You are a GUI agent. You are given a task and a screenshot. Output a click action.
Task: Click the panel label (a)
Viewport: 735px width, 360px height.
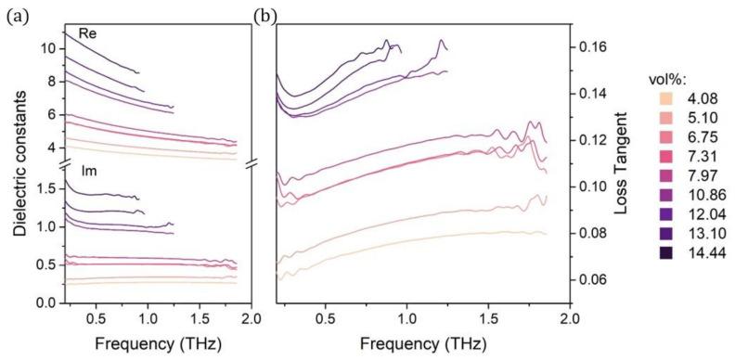[16, 14]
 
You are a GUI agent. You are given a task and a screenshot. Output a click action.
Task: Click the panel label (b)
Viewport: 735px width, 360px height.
[268, 14]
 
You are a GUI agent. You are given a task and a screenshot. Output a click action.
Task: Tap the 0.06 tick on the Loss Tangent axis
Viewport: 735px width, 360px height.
[587, 279]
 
